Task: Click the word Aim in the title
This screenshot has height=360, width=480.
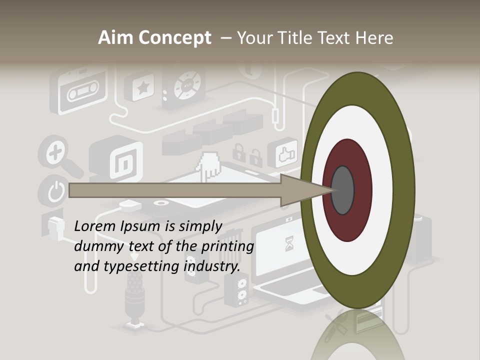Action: tap(115, 37)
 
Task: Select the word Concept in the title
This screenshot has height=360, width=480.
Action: tap(174, 37)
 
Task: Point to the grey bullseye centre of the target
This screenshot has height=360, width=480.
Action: tap(342, 190)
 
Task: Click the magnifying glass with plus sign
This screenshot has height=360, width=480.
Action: tap(55, 152)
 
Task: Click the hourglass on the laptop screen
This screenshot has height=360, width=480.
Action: tap(289, 243)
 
